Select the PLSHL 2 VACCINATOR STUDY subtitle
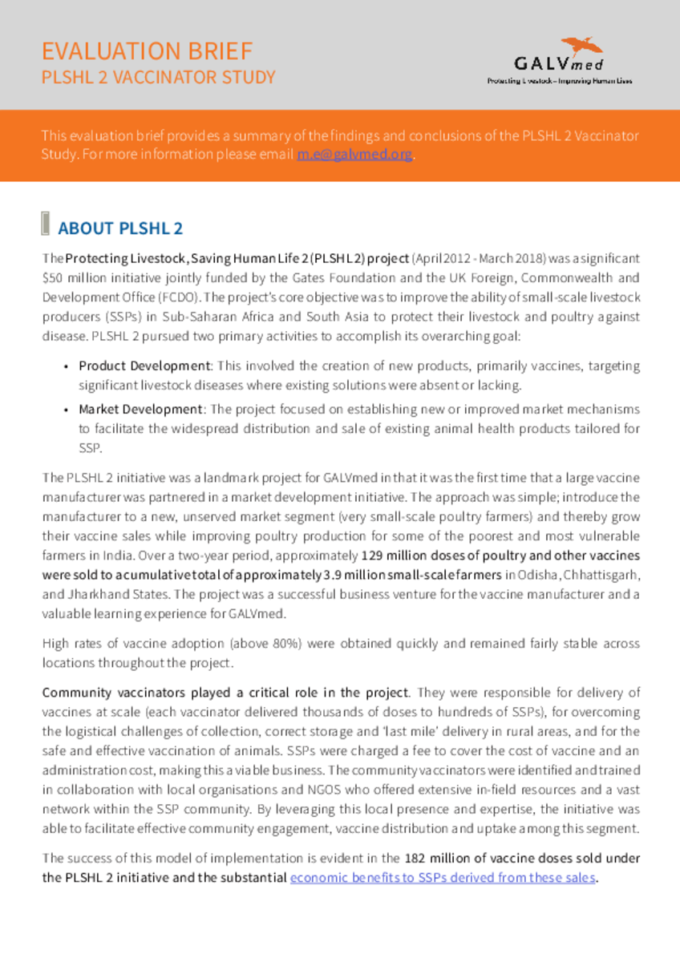158,78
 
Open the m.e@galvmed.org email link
354,155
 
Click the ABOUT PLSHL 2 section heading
120,228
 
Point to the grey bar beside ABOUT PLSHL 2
45,224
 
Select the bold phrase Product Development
144,366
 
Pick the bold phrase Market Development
140,409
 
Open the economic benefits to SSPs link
443,877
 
